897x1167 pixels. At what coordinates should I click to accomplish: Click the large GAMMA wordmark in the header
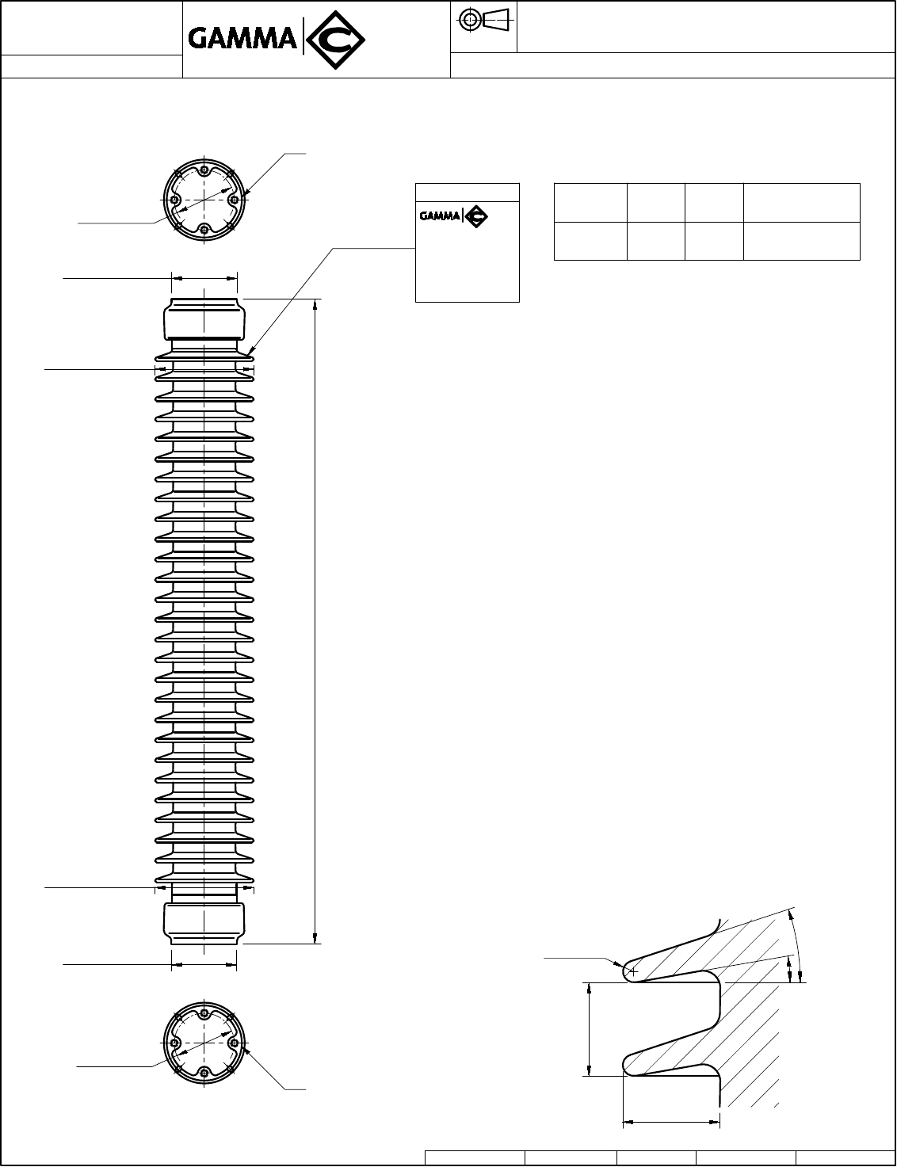[242, 38]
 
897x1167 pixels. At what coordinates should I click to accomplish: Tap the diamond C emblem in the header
[334, 39]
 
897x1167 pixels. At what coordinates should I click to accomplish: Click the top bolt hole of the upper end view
[204, 170]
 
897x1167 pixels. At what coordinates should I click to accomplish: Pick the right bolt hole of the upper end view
[234, 200]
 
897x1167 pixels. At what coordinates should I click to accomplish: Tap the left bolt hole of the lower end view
[175, 1043]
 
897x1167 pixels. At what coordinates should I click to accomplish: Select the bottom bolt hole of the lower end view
[204, 1073]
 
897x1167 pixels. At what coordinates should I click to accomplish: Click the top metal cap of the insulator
[204, 318]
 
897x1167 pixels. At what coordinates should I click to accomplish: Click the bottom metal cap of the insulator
[204, 922]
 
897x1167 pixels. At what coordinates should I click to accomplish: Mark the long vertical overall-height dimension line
[316, 621]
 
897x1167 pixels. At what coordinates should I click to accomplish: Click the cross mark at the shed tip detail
[632, 971]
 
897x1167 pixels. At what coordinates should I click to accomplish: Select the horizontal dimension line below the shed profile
[671, 1122]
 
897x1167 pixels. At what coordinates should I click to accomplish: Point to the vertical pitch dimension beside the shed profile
[590, 1029]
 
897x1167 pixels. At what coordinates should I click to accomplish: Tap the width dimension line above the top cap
[204, 278]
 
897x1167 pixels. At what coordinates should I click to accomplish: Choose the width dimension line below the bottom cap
[204, 965]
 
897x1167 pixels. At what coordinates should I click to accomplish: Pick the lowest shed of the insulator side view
[204, 877]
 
